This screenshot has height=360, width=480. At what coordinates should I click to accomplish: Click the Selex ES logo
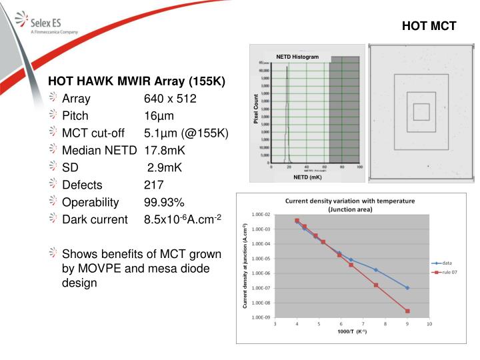(50, 22)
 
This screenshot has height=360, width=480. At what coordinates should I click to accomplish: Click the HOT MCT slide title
(429, 26)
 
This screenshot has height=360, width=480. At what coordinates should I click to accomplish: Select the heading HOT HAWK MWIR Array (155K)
(137, 81)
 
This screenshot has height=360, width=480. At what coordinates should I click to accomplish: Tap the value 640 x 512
(170, 99)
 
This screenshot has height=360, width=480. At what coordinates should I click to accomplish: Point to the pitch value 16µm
(159, 115)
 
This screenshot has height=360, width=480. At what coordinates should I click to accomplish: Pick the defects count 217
(153, 185)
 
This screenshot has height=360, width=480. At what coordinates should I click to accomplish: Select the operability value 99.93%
(164, 202)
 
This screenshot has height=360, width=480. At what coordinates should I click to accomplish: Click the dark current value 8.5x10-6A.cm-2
(182, 219)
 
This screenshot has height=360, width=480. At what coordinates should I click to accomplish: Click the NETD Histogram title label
(297, 57)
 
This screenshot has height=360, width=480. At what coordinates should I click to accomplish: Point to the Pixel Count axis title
(255, 109)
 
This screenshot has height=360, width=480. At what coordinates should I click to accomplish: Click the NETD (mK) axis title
(307, 177)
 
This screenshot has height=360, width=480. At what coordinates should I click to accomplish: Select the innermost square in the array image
(421, 111)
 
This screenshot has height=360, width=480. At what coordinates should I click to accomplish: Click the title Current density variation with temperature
(350, 201)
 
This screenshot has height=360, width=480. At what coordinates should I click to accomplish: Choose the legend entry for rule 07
(449, 272)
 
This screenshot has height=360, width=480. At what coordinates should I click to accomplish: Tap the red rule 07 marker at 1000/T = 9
(407, 311)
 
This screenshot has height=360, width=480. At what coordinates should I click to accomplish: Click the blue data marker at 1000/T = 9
(407, 288)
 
